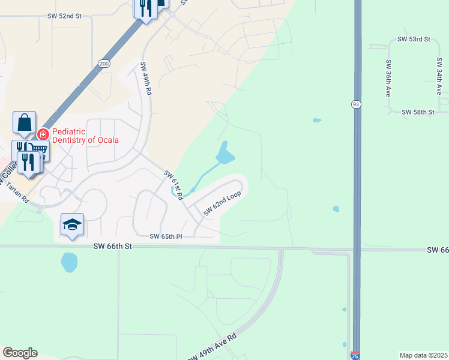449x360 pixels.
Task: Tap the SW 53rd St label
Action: tap(414, 39)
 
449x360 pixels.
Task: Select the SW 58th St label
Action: tap(418, 112)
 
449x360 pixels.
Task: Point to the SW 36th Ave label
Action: tap(389, 79)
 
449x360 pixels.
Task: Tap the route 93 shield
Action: tap(356, 104)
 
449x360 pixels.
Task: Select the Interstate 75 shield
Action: tap(355, 356)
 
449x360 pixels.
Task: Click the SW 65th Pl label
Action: tap(166, 237)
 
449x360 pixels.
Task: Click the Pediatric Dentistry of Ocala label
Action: tap(85, 136)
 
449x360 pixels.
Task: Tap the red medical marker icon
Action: tap(43, 134)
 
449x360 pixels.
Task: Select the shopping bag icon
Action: tap(24, 122)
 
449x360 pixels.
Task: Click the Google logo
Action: tap(20, 353)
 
